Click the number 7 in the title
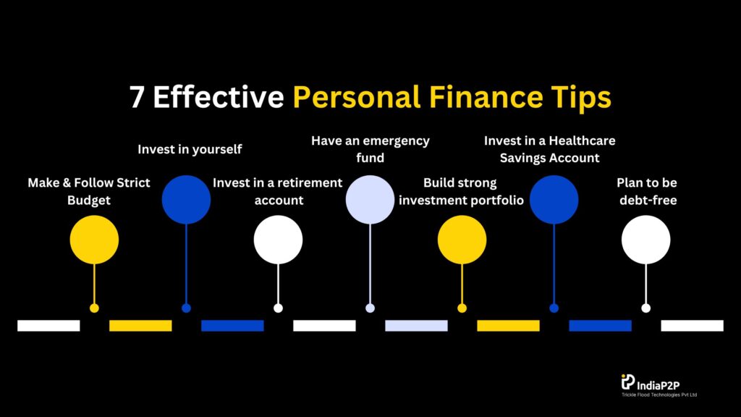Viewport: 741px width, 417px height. point(137,98)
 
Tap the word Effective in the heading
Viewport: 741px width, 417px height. point(219,97)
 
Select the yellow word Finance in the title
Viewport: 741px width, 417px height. point(486,97)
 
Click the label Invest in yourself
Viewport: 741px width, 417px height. point(190,149)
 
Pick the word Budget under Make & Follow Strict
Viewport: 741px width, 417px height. point(89,201)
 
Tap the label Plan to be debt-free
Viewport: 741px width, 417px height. point(647,191)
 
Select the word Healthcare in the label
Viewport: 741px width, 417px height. point(583,140)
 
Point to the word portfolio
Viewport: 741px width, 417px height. point(496,201)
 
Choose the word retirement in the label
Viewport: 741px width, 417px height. point(310,182)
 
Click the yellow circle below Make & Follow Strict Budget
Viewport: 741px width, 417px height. point(94,240)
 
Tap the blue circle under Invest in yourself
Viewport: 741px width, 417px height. point(186,200)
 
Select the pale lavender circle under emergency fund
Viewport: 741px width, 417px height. point(370,200)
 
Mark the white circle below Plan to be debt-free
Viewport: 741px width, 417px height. point(645,240)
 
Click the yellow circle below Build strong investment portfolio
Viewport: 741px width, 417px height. point(462,240)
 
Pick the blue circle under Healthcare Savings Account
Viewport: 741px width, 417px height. point(554,200)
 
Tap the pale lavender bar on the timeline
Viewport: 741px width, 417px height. point(416,325)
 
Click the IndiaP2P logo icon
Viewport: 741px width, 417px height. point(627,382)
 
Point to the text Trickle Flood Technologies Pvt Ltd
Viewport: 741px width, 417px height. point(659,395)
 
